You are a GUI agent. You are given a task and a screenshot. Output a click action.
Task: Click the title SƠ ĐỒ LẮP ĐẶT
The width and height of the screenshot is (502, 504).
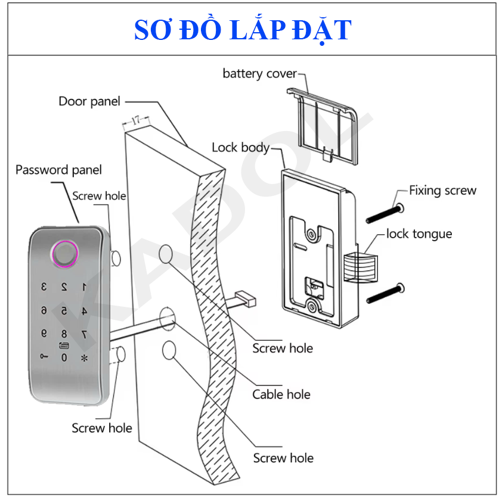[x=243, y=30]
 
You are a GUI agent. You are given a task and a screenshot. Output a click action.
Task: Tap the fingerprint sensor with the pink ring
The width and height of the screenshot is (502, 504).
[x=65, y=254]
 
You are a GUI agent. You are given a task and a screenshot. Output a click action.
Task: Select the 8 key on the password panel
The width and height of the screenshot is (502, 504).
[x=64, y=334]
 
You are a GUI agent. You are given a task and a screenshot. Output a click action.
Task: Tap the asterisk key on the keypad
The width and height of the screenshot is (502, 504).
[x=84, y=358]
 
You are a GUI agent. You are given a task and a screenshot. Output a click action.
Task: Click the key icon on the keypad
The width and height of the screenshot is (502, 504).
[x=44, y=356]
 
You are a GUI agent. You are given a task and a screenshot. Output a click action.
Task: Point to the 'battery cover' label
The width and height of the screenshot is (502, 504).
[x=259, y=74]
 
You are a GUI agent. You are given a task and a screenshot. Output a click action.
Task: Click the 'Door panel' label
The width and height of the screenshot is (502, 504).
[x=89, y=101]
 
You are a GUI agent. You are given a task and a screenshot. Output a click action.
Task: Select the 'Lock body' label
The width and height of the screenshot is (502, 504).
[x=240, y=148]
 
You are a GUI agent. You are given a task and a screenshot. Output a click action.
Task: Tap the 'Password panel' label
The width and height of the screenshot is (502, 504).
[x=58, y=170]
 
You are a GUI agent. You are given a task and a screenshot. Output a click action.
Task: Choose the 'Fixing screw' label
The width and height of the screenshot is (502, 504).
[x=442, y=191]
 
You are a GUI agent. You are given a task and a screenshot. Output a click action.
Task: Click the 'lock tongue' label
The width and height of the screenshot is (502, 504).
[x=419, y=234]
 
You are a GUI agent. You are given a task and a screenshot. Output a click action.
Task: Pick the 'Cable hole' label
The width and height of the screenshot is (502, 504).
[x=281, y=394]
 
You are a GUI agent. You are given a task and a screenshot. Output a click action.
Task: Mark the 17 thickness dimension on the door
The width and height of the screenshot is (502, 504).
[x=136, y=120]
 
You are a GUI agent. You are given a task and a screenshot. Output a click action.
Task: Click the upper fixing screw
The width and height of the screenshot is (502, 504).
[x=385, y=213]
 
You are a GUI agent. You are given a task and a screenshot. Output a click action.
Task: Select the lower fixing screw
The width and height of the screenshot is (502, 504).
[x=386, y=294]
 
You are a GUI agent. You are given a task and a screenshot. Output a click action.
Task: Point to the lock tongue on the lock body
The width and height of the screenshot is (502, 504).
[x=361, y=267]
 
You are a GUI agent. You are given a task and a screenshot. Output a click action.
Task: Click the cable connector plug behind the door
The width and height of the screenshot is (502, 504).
[x=246, y=298]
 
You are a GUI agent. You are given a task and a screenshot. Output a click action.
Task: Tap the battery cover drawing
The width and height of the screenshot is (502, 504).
[x=322, y=126]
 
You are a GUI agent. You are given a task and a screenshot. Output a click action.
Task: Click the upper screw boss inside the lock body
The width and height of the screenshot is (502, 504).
[x=311, y=235]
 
